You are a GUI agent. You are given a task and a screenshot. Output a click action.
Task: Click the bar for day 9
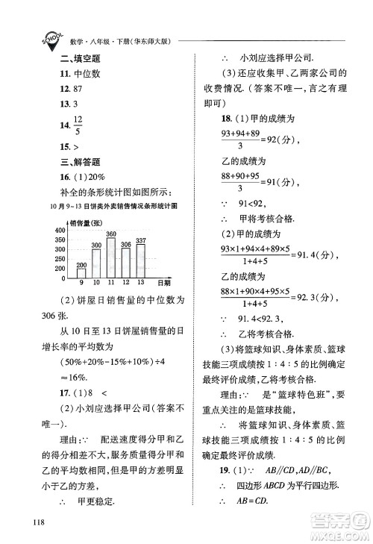click(x=81, y=271)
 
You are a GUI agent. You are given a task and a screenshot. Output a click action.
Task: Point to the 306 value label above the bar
click(x=125, y=244)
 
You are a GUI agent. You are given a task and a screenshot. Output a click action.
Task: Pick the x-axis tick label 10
click(x=96, y=283)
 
